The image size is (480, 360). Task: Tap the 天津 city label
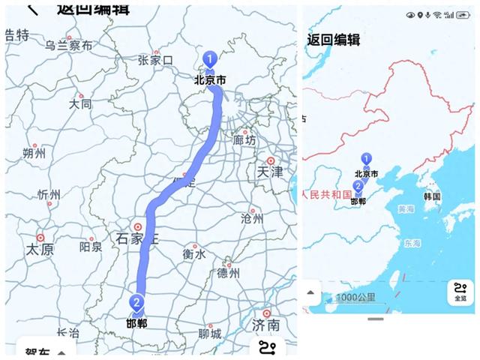click(x=271, y=172)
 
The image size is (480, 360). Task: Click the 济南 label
click(x=266, y=325)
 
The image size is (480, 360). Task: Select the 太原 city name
click(x=40, y=249)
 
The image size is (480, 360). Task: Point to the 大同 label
click(x=80, y=104)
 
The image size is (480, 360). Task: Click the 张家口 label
click(x=156, y=60)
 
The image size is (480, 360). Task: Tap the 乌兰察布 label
click(x=68, y=46)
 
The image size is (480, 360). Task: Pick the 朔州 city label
click(x=34, y=154)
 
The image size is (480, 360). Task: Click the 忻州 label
click(x=49, y=195)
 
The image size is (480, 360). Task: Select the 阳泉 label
click(x=91, y=246)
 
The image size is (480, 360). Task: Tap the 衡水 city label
click(x=193, y=254)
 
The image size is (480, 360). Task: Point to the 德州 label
click(x=228, y=273)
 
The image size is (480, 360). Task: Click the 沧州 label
click(x=252, y=219)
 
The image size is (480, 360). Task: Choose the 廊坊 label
click(x=244, y=139)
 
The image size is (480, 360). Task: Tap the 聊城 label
click(x=210, y=333)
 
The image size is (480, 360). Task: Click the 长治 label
click(x=67, y=332)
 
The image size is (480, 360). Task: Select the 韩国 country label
click(x=432, y=196)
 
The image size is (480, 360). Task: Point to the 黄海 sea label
click(x=406, y=209)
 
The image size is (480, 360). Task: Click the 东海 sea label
click(x=412, y=243)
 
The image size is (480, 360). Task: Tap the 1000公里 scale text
click(x=356, y=298)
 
